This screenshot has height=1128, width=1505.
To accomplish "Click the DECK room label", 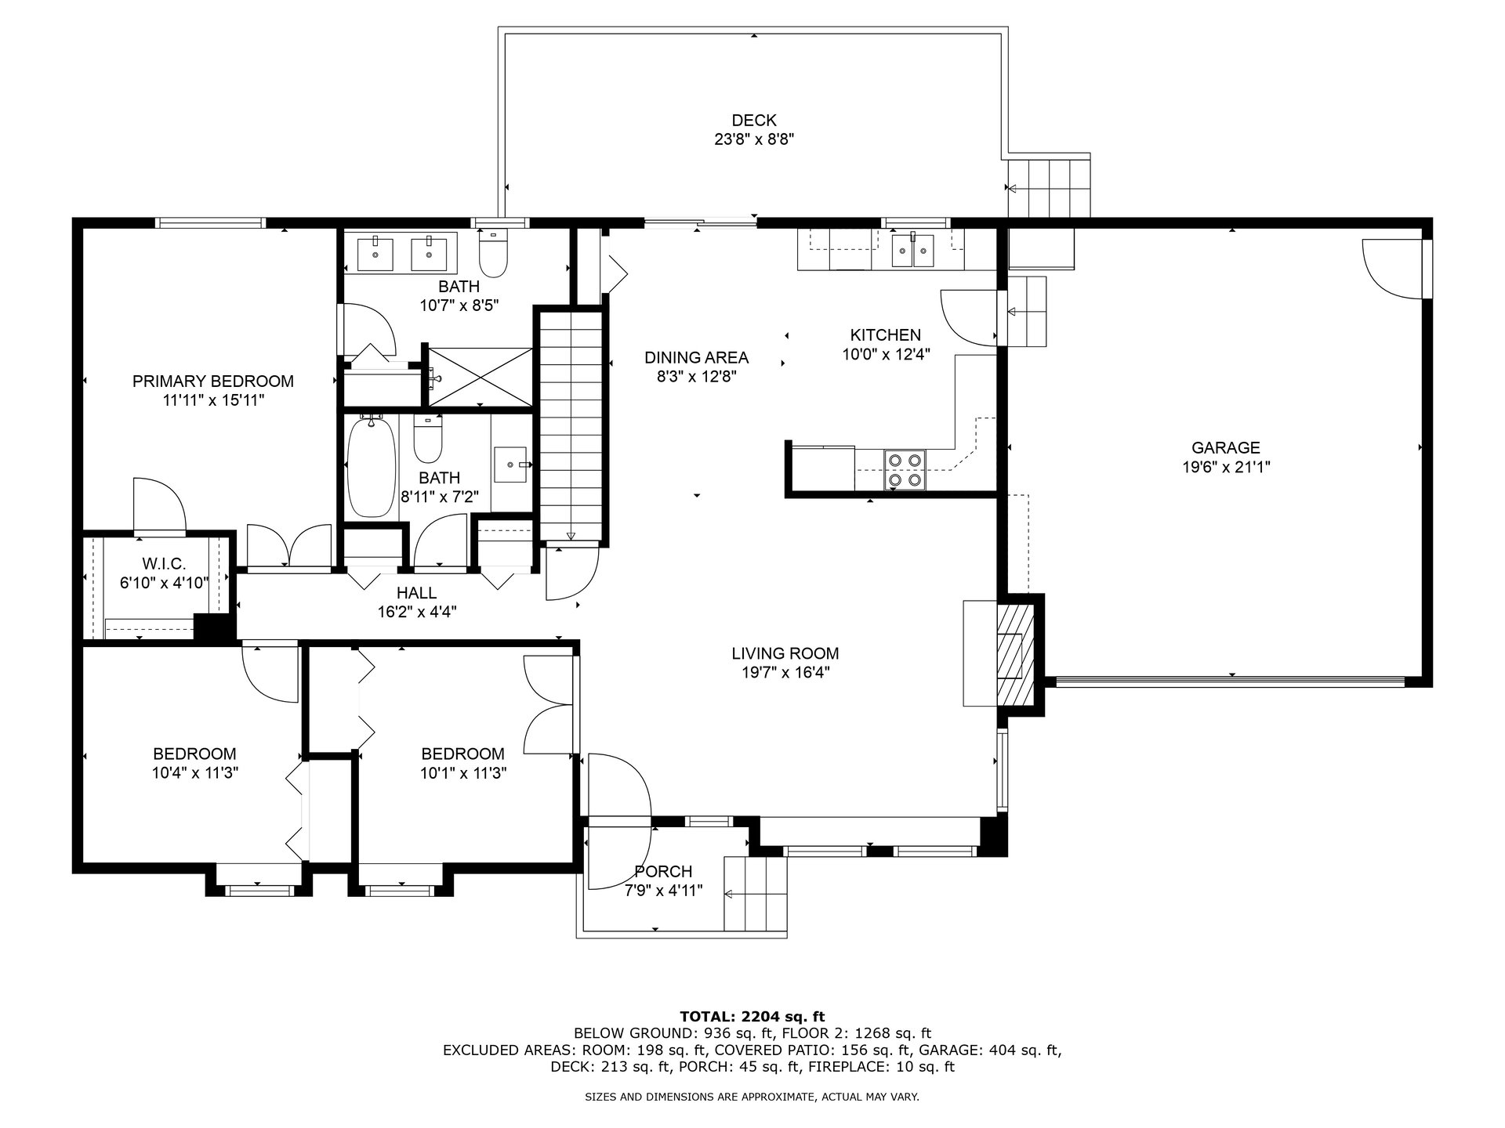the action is pyautogui.click(x=753, y=121).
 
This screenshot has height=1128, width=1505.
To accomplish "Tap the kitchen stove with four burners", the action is pyautogui.click(x=905, y=470).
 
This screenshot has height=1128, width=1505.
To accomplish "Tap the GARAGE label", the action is pyautogui.click(x=1225, y=448).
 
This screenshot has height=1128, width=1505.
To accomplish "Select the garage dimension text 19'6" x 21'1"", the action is pyautogui.click(x=1225, y=468).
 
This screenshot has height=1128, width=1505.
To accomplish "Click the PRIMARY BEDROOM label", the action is pyautogui.click(x=212, y=381).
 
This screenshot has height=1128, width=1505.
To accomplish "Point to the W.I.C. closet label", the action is pyautogui.click(x=164, y=564).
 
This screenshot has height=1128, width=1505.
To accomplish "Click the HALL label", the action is pyautogui.click(x=416, y=593).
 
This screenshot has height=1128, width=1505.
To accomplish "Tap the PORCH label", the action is pyautogui.click(x=663, y=871).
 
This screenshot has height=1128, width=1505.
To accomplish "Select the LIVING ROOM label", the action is pyautogui.click(x=785, y=653).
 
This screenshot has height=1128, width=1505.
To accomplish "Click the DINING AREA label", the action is pyautogui.click(x=696, y=357).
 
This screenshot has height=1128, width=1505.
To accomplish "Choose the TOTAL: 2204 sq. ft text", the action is pyautogui.click(x=752, y=1017).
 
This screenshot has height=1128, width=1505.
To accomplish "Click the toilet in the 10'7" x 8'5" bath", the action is pyautogui.click(x=493, y=253).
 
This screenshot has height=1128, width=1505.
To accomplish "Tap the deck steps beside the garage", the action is pyautogui.click(x=1049, y=186).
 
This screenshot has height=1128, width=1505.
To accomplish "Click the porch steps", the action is pyautogui.click(x=755, y=894).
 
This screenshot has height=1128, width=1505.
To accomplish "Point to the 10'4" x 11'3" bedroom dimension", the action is pyautogui.click(x=195, y=773).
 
